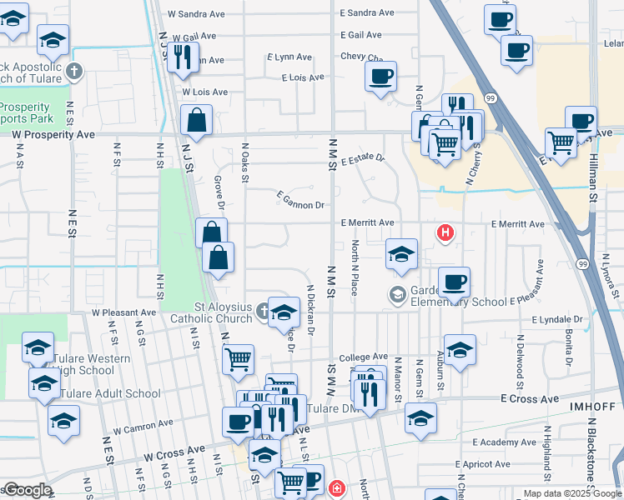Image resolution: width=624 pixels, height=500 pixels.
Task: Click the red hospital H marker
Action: [x=445, y=232]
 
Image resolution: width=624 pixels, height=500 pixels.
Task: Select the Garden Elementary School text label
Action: [x=458, y=297]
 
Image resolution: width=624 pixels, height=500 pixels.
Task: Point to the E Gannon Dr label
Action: [x=300, y=204]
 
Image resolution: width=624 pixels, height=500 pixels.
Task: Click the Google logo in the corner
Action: [x=28, y=490]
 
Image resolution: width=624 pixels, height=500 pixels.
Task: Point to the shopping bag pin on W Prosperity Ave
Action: [x=196, y=122]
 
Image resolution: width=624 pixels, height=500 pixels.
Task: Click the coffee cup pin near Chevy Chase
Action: [x=380, y=77]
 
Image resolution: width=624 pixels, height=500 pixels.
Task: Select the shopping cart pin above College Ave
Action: [x=239, y=360]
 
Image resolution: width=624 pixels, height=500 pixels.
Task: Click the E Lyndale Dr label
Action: [x=558, y=319]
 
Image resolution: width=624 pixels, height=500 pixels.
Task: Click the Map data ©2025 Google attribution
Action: [x=571, y=493]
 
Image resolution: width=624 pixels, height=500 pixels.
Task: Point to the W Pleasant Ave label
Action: [x=123, y=312]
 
